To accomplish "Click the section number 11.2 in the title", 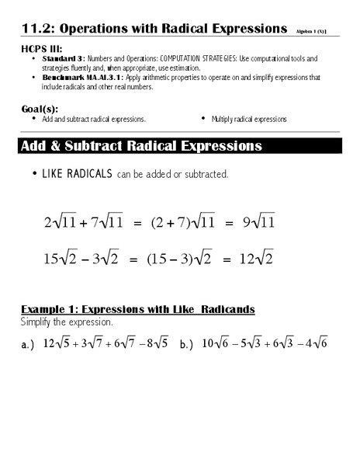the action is (36, 29).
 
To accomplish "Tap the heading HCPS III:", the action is (40, 49).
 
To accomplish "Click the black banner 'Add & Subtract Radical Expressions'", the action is (141, 146).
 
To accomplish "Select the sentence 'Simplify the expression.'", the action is (67, 321).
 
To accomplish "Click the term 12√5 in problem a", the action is (57, 343).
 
